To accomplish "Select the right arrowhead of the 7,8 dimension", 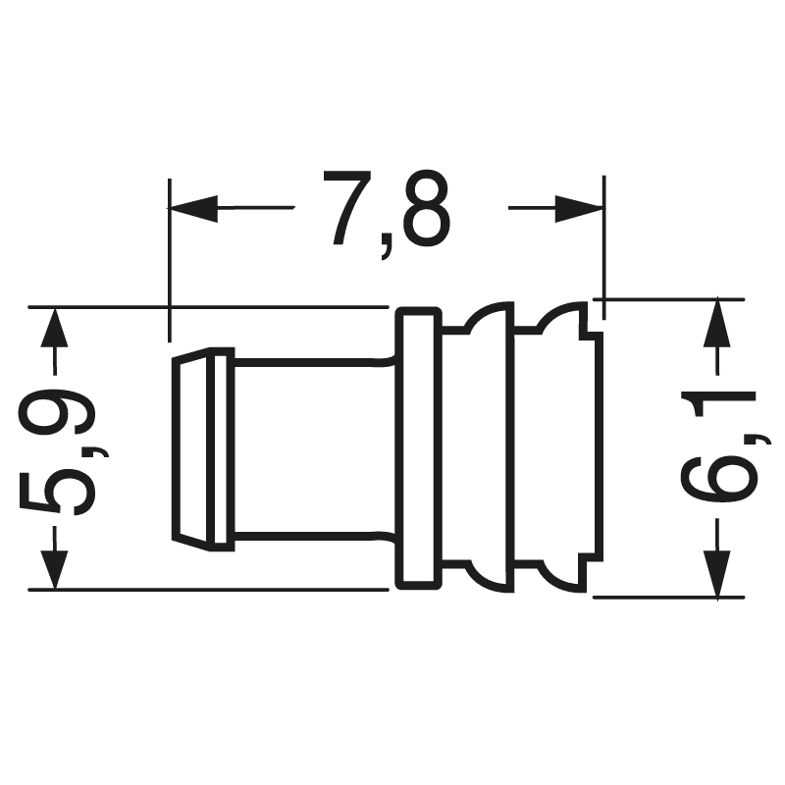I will pyautogui.click(x=577, y=208).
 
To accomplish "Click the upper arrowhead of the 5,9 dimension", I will pyautogui.click(x=56, y=332).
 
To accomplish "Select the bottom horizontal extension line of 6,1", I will pyautogui.click(x=667, y=596).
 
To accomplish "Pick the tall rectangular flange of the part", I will pyautogui.click(x=417, y=448).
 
